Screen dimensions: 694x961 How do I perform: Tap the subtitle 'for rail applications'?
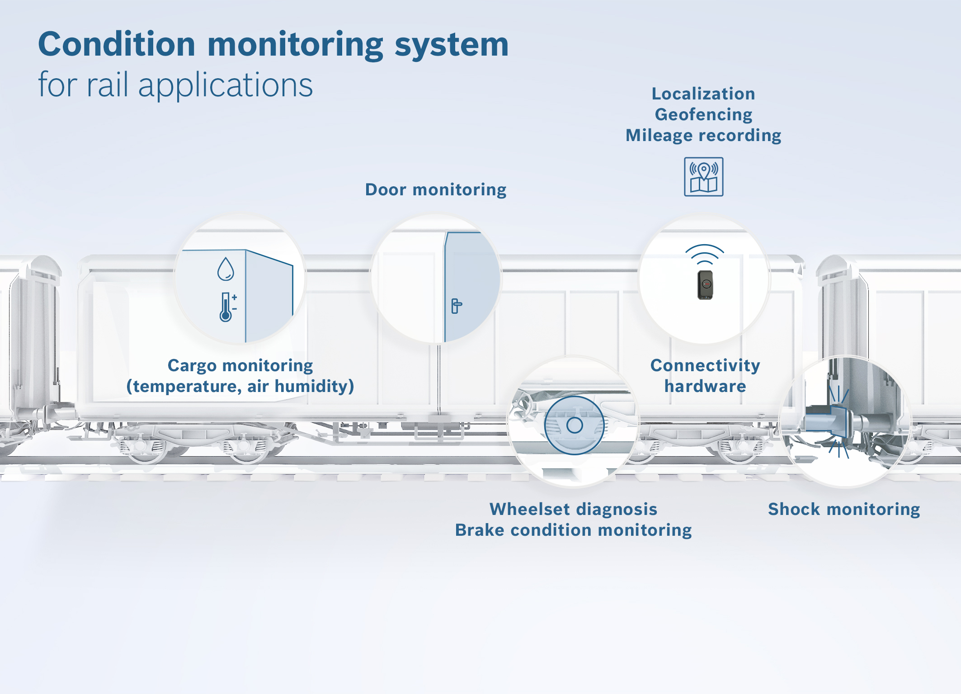click(x=175, y=85)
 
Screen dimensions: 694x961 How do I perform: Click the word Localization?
click(x=703, y=94)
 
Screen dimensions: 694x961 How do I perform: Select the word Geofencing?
click(x=703, y=115)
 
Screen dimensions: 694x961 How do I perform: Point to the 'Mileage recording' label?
click(x=703, y=136)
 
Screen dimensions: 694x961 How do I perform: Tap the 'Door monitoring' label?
click(x=435, y=190)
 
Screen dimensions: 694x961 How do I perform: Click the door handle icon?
click(x=456, y=306)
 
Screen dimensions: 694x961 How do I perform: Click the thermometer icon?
click(x=226, y=307)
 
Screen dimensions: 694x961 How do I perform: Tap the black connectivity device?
click(x=705, y=285)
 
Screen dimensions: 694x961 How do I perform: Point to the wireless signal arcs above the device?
click(x=705, y=254)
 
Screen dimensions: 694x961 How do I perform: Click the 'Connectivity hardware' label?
click(x=705, y=376)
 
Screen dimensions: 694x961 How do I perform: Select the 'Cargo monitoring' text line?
click(x=240, y=366)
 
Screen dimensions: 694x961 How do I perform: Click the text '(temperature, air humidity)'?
click(x=240, y=387)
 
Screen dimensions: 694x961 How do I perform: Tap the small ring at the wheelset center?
click(x=575, y=425)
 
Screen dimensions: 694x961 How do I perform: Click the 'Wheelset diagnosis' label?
click(x=573, y=510)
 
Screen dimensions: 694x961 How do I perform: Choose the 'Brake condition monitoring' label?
click(x=573, y=530)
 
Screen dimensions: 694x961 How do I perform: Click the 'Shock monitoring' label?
click(x=844, y=510)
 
